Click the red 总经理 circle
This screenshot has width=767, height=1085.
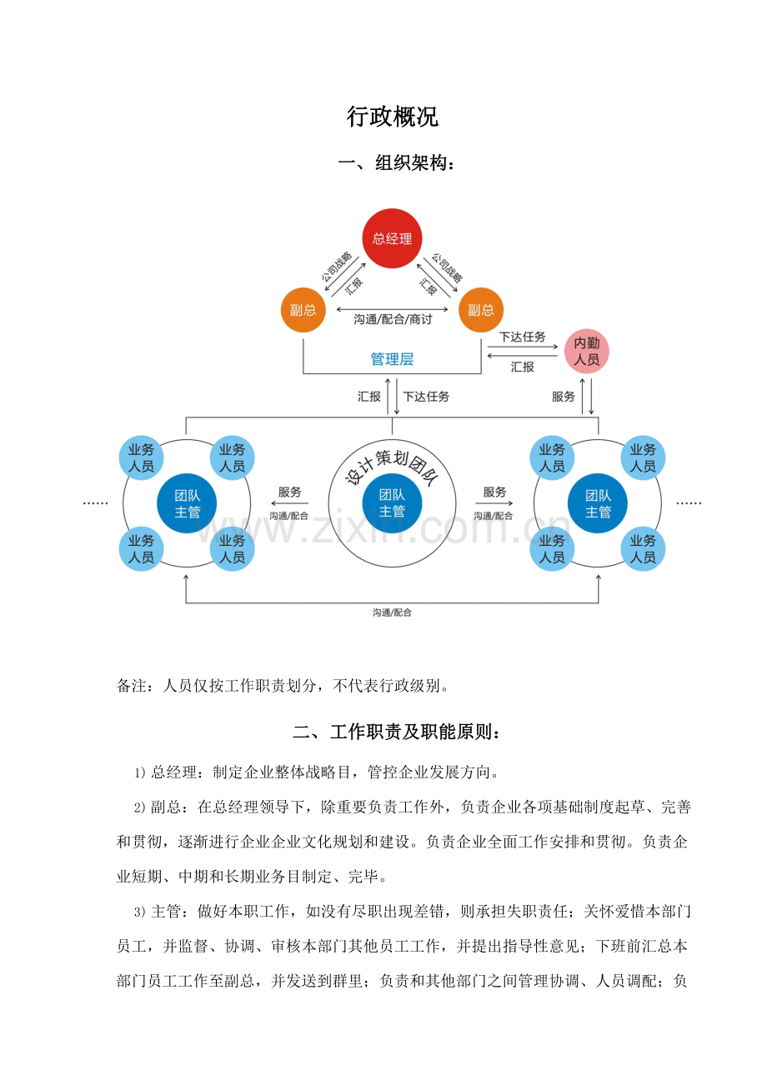[392, 238]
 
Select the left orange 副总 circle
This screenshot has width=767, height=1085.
[303, 310]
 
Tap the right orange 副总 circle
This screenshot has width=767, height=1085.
[481, 310]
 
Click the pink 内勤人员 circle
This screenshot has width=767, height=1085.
[587, 351]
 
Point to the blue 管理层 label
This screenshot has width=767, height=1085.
[392, 359]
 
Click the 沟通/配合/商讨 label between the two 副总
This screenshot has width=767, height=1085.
[392, 318]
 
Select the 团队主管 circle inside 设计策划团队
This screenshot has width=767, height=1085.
[392, 502]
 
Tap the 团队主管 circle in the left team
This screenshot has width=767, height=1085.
[187, 502]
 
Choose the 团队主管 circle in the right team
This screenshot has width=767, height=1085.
[598, 502]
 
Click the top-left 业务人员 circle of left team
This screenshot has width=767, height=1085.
[142, 457]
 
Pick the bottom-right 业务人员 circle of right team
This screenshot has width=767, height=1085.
[643, 548]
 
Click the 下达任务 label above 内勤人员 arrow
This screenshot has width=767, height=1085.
[522, 337]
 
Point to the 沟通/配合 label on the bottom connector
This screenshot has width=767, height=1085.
[392, 612]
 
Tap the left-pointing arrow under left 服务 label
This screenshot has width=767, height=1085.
[289, 503]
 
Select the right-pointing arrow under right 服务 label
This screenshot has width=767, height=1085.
[494, 503]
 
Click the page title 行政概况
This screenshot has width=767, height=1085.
[392, 117]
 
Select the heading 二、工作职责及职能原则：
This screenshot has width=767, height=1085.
[397, 733]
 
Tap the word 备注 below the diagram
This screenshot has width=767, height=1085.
[133, 687]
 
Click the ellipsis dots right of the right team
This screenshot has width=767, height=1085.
[689, 503]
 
